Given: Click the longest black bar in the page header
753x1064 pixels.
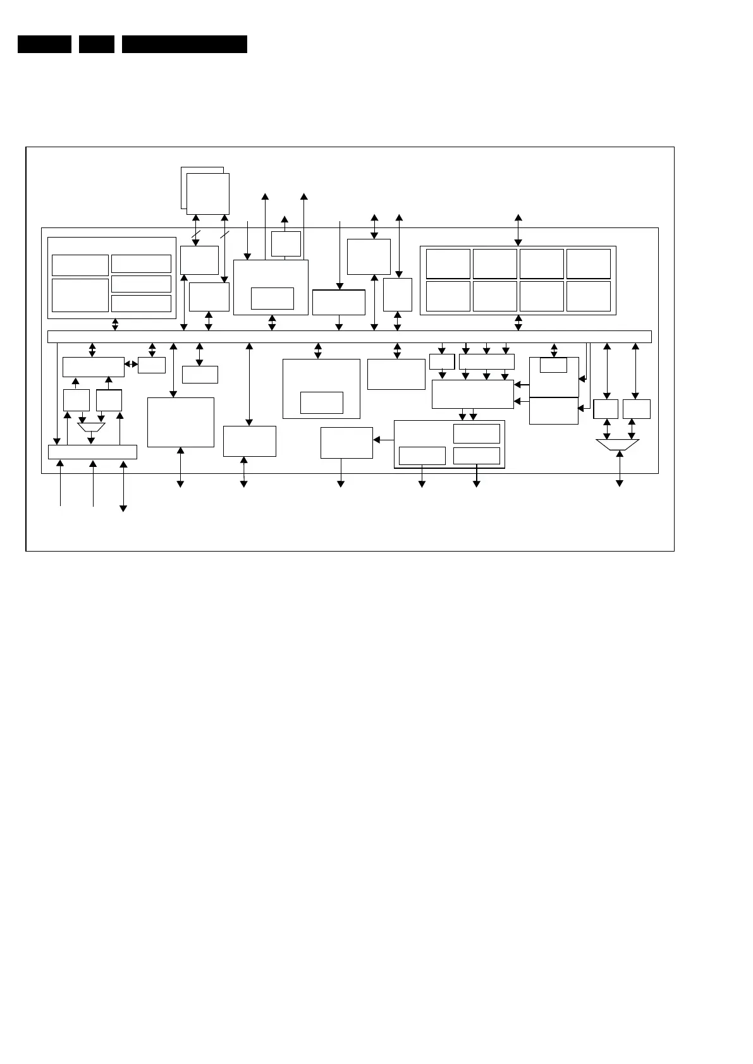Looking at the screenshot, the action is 184,44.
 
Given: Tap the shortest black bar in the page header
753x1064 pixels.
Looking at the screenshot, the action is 97,44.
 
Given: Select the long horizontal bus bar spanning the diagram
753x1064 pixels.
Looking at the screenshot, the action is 349,337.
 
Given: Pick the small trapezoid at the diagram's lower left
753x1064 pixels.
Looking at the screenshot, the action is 91,427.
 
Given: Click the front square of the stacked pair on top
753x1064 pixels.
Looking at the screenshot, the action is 208,193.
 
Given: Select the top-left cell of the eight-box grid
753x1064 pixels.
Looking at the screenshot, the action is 448,263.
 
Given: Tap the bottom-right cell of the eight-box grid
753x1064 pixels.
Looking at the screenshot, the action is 588,296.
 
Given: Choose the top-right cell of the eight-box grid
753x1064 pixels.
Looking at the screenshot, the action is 588,263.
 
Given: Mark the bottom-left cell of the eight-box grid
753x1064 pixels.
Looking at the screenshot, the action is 448,296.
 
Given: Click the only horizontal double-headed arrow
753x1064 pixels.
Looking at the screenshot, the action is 131,364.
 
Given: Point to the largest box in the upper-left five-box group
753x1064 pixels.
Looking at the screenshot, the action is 80,295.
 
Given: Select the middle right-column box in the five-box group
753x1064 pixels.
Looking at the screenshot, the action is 141,284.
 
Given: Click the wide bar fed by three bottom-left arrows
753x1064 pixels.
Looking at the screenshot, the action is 92,452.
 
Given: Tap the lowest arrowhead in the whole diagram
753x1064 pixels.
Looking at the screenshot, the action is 123,509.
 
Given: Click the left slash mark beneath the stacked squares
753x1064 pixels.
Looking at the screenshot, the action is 196,235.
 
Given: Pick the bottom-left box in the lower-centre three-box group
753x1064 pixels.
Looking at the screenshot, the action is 422,456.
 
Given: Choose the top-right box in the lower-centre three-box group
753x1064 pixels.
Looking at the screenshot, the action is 476,433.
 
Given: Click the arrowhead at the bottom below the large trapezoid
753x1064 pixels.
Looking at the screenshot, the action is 620,483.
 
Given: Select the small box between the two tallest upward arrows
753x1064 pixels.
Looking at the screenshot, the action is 286,244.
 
